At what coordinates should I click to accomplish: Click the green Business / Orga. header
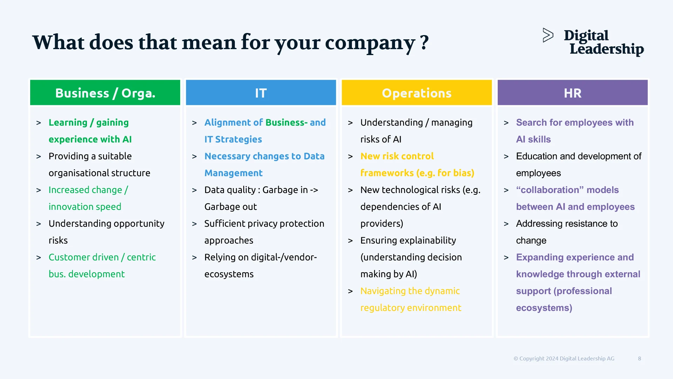click(105, 93)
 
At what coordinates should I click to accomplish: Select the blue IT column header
click(261, 93)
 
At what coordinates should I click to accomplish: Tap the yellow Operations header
click(416, 93)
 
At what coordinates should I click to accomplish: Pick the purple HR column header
click(572, 93)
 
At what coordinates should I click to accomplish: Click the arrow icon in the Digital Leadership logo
click(548, 35)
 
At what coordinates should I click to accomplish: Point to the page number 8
click(639, 358)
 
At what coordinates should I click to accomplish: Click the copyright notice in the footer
click(564, 358)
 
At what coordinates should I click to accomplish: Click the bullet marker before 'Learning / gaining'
click(39, 123)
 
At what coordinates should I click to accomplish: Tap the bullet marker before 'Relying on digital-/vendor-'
click(195, 258)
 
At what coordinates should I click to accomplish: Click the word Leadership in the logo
click(606, 49)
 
